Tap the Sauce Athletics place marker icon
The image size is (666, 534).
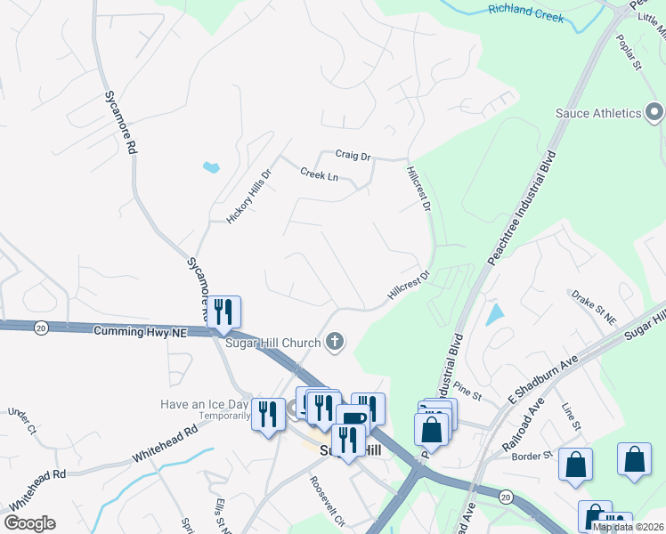tap(655, 113)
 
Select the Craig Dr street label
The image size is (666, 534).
tap(353, 156)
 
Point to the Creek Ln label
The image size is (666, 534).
tap(319, 174)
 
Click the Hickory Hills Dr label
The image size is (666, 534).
tap(248, 197)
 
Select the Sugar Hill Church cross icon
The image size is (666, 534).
tap(335, 340)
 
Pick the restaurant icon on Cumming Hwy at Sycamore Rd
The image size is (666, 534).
tap(223, 311)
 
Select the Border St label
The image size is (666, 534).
tap(533, 456)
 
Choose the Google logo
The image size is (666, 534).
tap(29, 523)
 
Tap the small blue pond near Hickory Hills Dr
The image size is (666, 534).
tap(211, 166)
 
